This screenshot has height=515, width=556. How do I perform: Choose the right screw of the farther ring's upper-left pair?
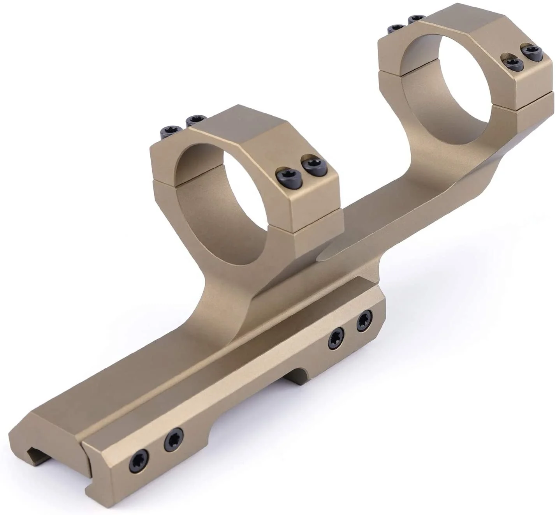415,19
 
